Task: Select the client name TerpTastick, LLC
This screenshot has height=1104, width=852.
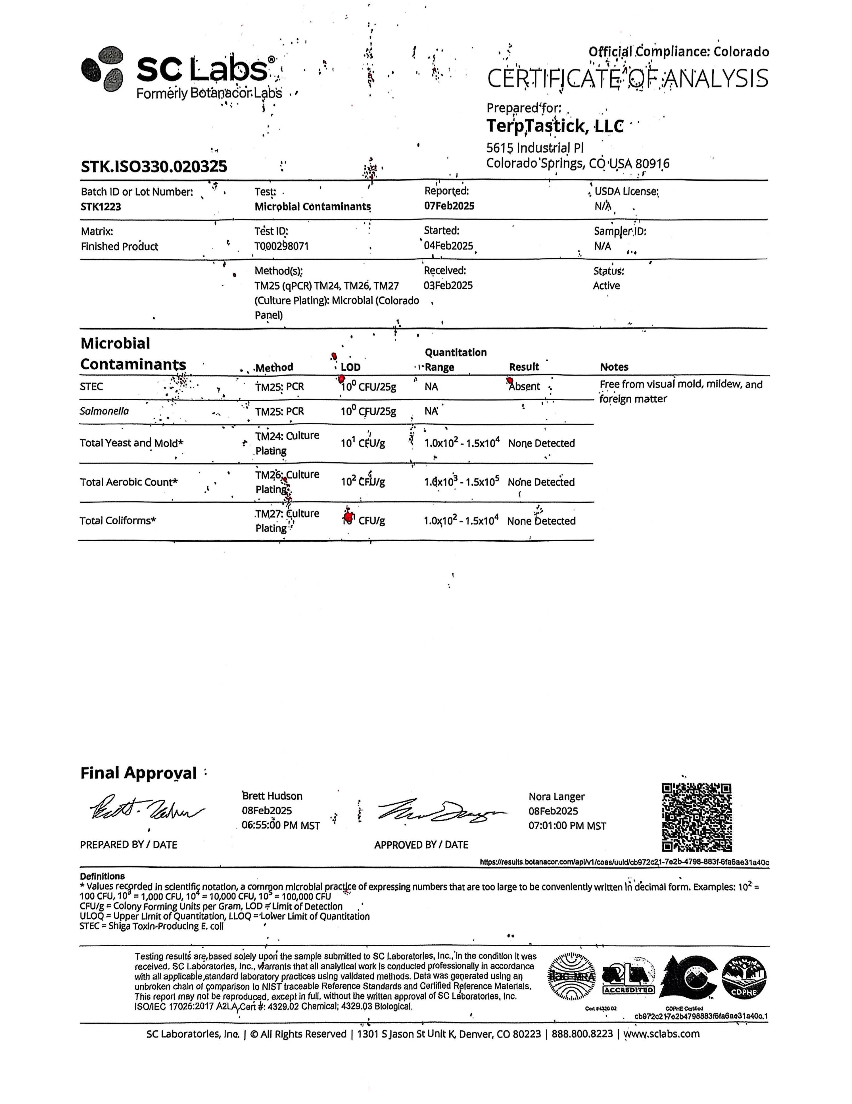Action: coord(555,126)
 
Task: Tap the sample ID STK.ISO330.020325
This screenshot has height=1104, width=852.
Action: coord(154,166)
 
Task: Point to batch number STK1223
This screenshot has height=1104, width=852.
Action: coord(101,207)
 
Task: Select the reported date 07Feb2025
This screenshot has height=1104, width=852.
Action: coord(449,206)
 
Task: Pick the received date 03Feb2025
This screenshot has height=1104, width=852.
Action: coord(448,286)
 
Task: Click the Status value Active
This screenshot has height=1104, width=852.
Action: coord(606,286)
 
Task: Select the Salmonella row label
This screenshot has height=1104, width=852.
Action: coord(104,411)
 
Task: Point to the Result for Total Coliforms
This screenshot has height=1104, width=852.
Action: coord(541,521)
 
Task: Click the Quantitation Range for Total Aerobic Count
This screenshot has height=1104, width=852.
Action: coord(461,482)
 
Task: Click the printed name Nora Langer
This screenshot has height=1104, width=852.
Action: coord(556,797)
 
